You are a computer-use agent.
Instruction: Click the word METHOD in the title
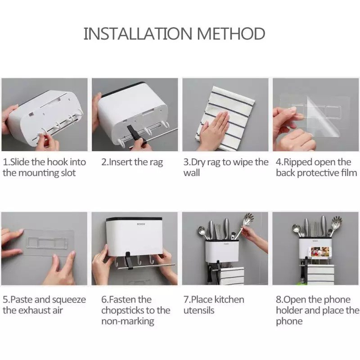231,33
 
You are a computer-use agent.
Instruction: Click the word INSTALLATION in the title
137,33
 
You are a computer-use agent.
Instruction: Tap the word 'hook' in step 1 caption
57,162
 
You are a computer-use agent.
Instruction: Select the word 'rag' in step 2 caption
156,163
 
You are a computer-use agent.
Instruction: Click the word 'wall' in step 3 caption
192,173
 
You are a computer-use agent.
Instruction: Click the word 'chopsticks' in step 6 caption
126,311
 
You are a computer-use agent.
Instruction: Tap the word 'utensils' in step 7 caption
199,310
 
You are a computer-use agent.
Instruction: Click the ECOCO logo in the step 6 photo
141,224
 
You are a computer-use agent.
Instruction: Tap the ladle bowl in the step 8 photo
296,228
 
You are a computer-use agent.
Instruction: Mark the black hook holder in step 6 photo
128,260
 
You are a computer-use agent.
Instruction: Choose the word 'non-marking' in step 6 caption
128,321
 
